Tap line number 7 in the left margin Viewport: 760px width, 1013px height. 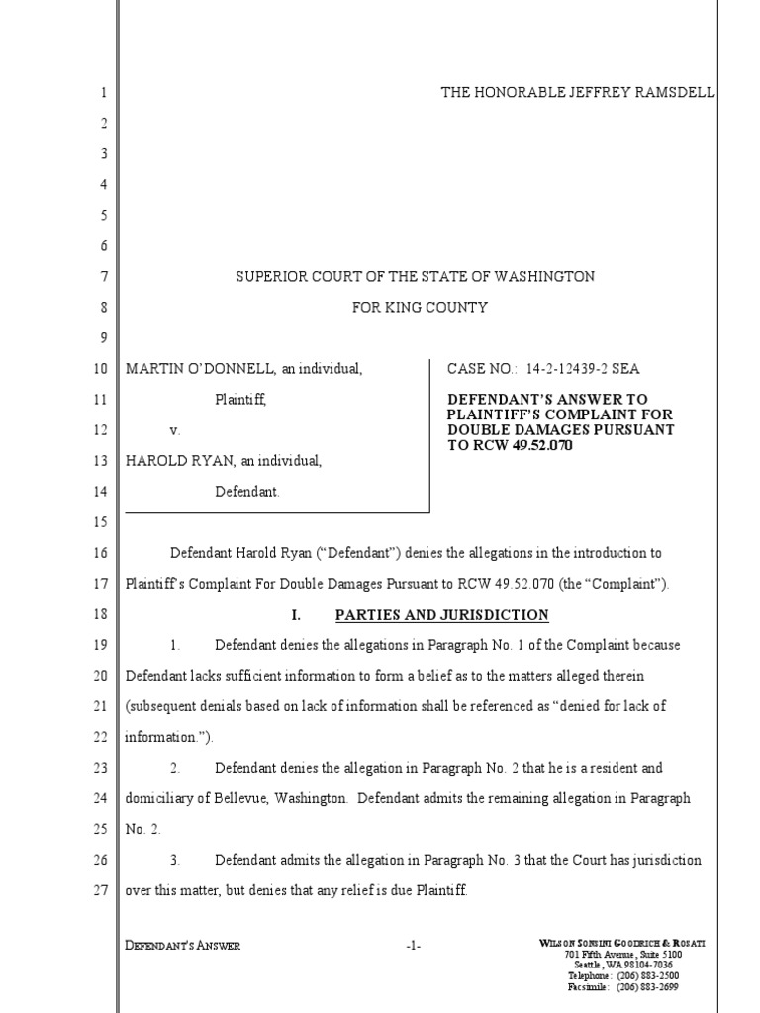pyautogui.click(x=103, y=277)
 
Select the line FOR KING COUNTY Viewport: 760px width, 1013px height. pyautogui.click(x=421, y=308)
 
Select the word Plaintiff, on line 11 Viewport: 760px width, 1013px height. pyautogui.click(x=240, y=400)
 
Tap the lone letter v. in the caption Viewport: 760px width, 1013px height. pyautogui.click(x=175, y=431)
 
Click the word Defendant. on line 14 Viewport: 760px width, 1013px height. pyautogui.click(x=247, y=492)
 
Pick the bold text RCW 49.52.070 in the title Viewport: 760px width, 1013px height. pyautogui.click(x=522, y=445)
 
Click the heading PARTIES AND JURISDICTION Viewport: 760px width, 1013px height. pyautogui.click(x=441, y=615)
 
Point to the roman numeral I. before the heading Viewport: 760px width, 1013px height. pyautogui.click(x=296, y=615)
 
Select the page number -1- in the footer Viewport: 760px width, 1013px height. pyautogui.click(x=414, y=946)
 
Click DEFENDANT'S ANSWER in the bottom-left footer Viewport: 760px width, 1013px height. pyautogui.click(x=182, y=946)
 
